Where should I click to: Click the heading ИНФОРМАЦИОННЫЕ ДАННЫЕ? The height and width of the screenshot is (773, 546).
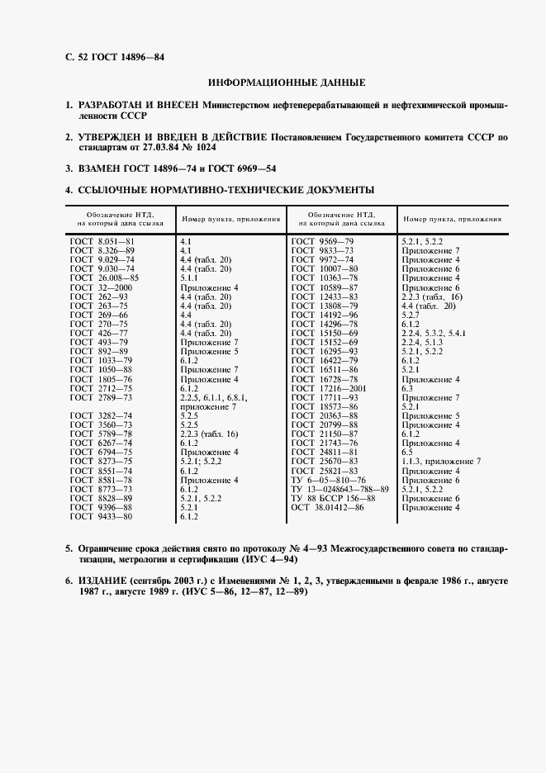pos(287,83)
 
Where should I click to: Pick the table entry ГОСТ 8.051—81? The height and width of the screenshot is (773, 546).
pos(102,240)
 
